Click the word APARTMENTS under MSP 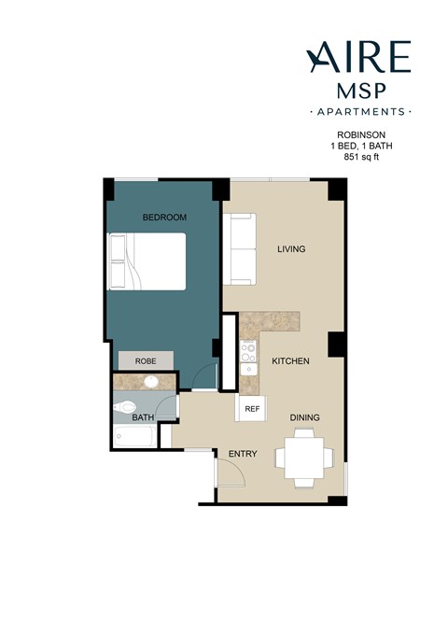point(359,111)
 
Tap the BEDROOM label point(164,218)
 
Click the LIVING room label point(292,249)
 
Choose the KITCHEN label point(290,360)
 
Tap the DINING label point(305,417)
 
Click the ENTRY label point(243,454)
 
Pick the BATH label point(142,418)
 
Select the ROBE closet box point(145,360)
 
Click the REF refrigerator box point(251,408)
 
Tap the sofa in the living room point(239,249)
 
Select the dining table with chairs point(304,458)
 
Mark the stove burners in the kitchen point(248,352)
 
